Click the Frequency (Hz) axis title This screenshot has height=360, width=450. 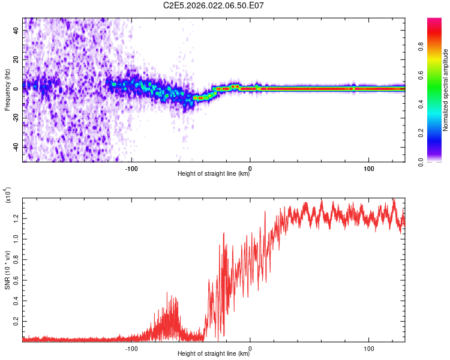pyautogui.click(x=7, y=90)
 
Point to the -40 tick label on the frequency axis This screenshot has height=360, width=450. pyautogui.click(x=16, y=146)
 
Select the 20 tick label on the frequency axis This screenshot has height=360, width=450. pyautogui.click(x=16, y=59)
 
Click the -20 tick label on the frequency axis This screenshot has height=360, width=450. pyautogui.click(x=16, y=118)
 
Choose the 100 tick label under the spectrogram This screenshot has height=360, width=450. pyautogui.click(x=368, y=167)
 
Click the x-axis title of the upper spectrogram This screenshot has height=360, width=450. pyautogui.click(x=214, y=174)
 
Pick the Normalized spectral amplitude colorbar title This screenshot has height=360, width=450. pyautogui.click(x=445, y=90)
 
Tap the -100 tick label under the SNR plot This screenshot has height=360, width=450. pyautogui.click(x=131, y=348)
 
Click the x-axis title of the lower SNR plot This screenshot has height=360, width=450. pyautogui.click(x=214, y=354)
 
